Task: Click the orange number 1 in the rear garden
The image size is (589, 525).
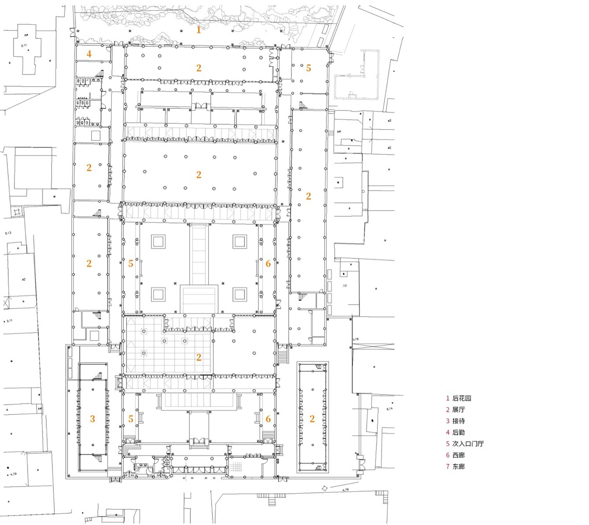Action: [x=199, y=30]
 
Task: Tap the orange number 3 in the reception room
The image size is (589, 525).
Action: [x=93, y=419]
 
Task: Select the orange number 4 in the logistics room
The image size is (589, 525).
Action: [x=89, y=54]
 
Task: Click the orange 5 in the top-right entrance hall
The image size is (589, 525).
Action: [x=308, y=68]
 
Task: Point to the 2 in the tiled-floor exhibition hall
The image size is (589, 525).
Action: [x=199, y=357]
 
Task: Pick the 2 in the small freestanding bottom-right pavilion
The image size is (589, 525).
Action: [x=312, y=419]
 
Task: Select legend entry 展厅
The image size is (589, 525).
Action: [x=458, y=410]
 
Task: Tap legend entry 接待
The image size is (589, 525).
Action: [x=458, y=421]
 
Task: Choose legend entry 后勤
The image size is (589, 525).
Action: [x=458, y=432]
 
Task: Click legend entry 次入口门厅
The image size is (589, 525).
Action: [x=467, y=444]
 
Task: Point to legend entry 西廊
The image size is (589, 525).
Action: [x=458, y=455]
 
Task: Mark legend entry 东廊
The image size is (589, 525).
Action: [x=458, y=466]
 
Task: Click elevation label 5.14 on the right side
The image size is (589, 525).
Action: [x=389, y=409]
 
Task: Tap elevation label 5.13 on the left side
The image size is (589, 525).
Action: [x=8, y=233]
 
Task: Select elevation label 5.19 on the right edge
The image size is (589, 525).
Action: [x=355, y=339]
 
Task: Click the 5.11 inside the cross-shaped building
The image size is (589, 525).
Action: [x=24, y=46]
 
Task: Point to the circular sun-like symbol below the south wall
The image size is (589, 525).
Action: [x=325, y=488]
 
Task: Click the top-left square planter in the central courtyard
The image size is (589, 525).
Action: [x=158, y=241]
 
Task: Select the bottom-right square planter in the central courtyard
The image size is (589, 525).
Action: [x=239, y=294]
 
